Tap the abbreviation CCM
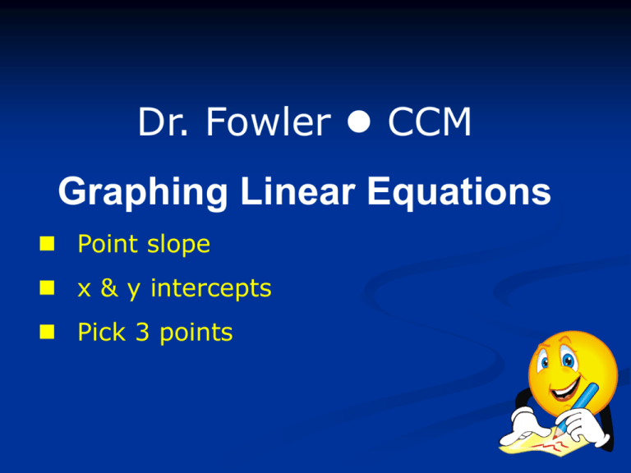pos(429,124)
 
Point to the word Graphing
pos(145,195)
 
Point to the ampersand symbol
pos(113,289)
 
